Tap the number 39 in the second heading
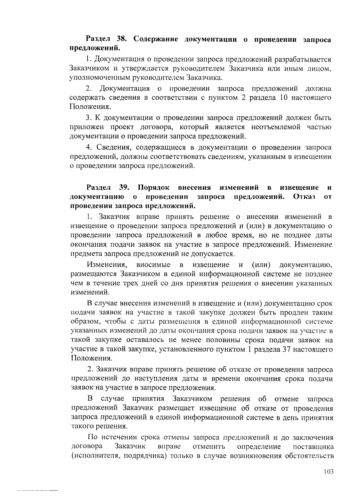(124, 188)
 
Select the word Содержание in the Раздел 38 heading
(155, 39)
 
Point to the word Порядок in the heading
(154, 188)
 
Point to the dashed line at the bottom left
(37, 491)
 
